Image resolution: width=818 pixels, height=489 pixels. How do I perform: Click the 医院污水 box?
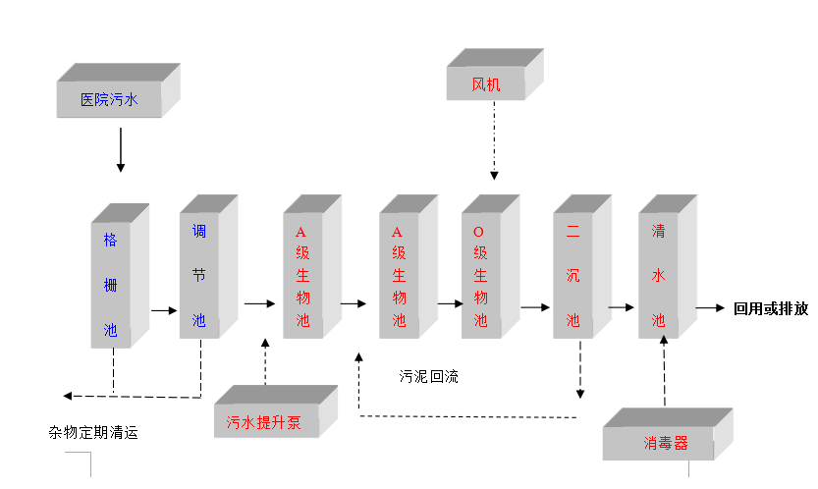click(109, 99)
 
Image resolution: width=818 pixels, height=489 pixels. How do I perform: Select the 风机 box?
click(486, 84)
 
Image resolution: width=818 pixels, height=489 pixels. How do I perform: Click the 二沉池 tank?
click(573, 276)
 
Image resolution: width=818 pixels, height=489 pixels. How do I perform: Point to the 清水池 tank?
click(659, 276)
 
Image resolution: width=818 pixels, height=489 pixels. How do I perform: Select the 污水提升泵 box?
click(264, 423)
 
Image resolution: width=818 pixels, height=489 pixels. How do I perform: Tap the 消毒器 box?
click(667, 443)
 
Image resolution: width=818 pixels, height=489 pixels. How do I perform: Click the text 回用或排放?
click(771, 308)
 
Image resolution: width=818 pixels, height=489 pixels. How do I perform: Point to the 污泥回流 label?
click(428, 376)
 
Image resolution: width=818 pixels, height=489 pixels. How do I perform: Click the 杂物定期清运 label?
click(94, 431)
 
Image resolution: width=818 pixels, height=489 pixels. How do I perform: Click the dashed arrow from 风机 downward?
click(494, 141)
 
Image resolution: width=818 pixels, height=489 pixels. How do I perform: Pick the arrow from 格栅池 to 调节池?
click(163, 310)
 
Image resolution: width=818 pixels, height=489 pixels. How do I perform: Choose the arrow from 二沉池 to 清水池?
click(621, 307)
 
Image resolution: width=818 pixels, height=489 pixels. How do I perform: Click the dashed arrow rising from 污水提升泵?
click(266, 360)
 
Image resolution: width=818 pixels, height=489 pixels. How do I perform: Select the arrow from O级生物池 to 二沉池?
click(535, 307)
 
